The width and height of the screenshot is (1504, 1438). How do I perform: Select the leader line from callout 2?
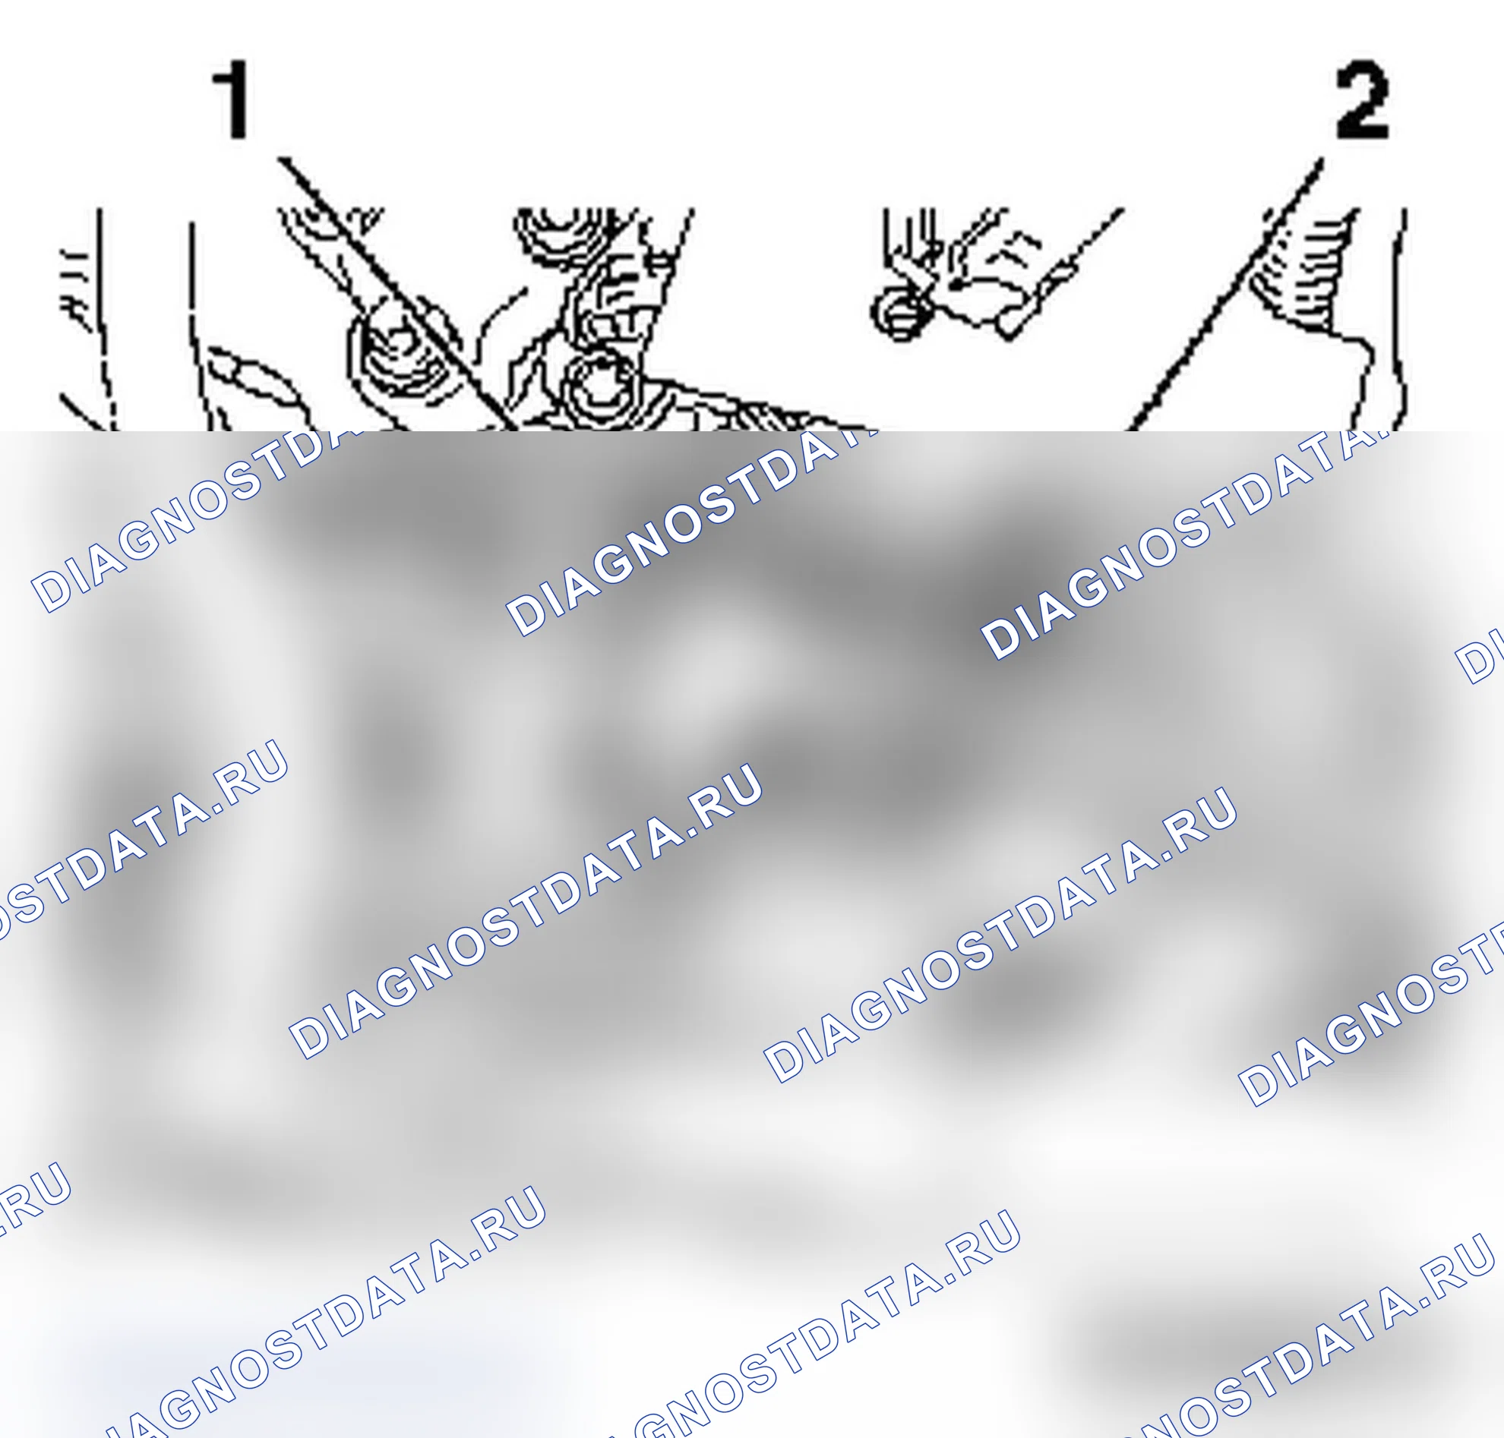point(1228,295)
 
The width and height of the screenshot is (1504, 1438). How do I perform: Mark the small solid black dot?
point(956,285)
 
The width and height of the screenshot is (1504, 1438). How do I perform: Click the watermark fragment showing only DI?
point(1480,655)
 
